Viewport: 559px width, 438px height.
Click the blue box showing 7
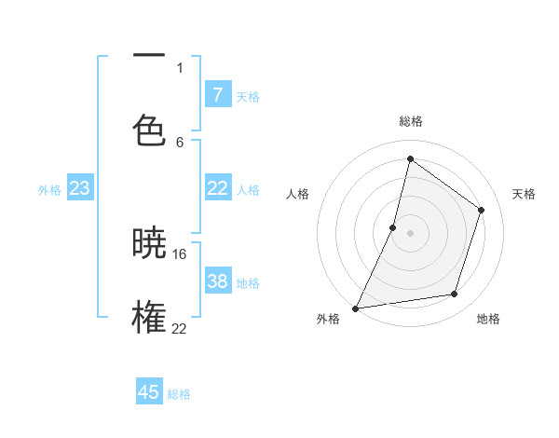click(x=217, y=95)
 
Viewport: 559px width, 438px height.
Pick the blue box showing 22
click(x=217, y=188)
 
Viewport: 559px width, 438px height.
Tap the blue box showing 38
click(x=217, y=281)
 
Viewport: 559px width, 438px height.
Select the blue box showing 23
click(x=80, y=188)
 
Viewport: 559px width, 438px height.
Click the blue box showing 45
click(x=149, y=392)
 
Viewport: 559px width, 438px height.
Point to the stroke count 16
click(x=180, y=253)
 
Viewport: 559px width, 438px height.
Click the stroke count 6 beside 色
click(x=180, y=142)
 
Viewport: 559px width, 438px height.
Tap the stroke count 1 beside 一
click(x=180, y=67)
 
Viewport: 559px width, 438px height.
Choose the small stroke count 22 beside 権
click(x=180, y=328)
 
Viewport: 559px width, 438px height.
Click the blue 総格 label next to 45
click(x=179, y=394)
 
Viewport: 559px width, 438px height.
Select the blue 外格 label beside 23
click(x=49, y=190)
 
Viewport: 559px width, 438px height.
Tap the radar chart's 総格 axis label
click(x=410, y=121)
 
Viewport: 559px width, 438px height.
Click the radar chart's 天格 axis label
click(x=524, y=194)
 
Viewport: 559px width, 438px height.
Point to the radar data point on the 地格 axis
click(x=455, y=294)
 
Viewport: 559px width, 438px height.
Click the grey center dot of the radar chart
click(x=410, y=232)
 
